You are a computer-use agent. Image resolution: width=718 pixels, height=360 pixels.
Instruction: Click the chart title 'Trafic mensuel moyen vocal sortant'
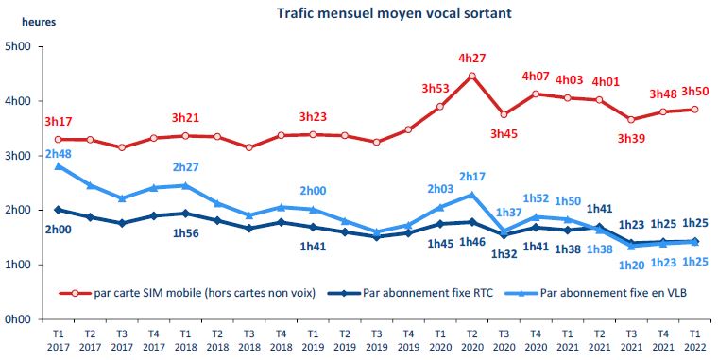tap(382, 13)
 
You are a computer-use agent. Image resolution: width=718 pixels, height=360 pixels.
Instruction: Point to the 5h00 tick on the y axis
tap(18, 47)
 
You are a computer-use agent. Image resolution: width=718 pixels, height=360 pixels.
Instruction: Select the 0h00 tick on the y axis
tap(18, 319)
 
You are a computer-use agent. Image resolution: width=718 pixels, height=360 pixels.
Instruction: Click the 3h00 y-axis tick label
tap(18, 156)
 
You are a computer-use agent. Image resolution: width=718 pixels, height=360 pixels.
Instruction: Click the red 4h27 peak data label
tap(471, 58)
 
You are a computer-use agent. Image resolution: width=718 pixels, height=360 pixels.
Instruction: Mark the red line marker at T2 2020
tap(471, 76)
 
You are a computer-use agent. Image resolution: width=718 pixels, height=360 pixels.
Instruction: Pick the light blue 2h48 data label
tap(59, 154)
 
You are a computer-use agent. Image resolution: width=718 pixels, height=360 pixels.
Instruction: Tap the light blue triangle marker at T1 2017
tap(59, 166)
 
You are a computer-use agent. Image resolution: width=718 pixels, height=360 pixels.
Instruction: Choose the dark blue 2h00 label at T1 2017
tap(59, 230)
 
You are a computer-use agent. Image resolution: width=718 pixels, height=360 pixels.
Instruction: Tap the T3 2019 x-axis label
tap(376, 337)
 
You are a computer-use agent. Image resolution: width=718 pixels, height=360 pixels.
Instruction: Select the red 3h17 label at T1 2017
tap(59, 121)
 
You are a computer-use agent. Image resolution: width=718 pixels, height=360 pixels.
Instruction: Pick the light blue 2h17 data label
tap(471, 177)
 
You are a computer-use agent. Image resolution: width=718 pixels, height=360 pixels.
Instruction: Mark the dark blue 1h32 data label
tap(504, 253)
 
